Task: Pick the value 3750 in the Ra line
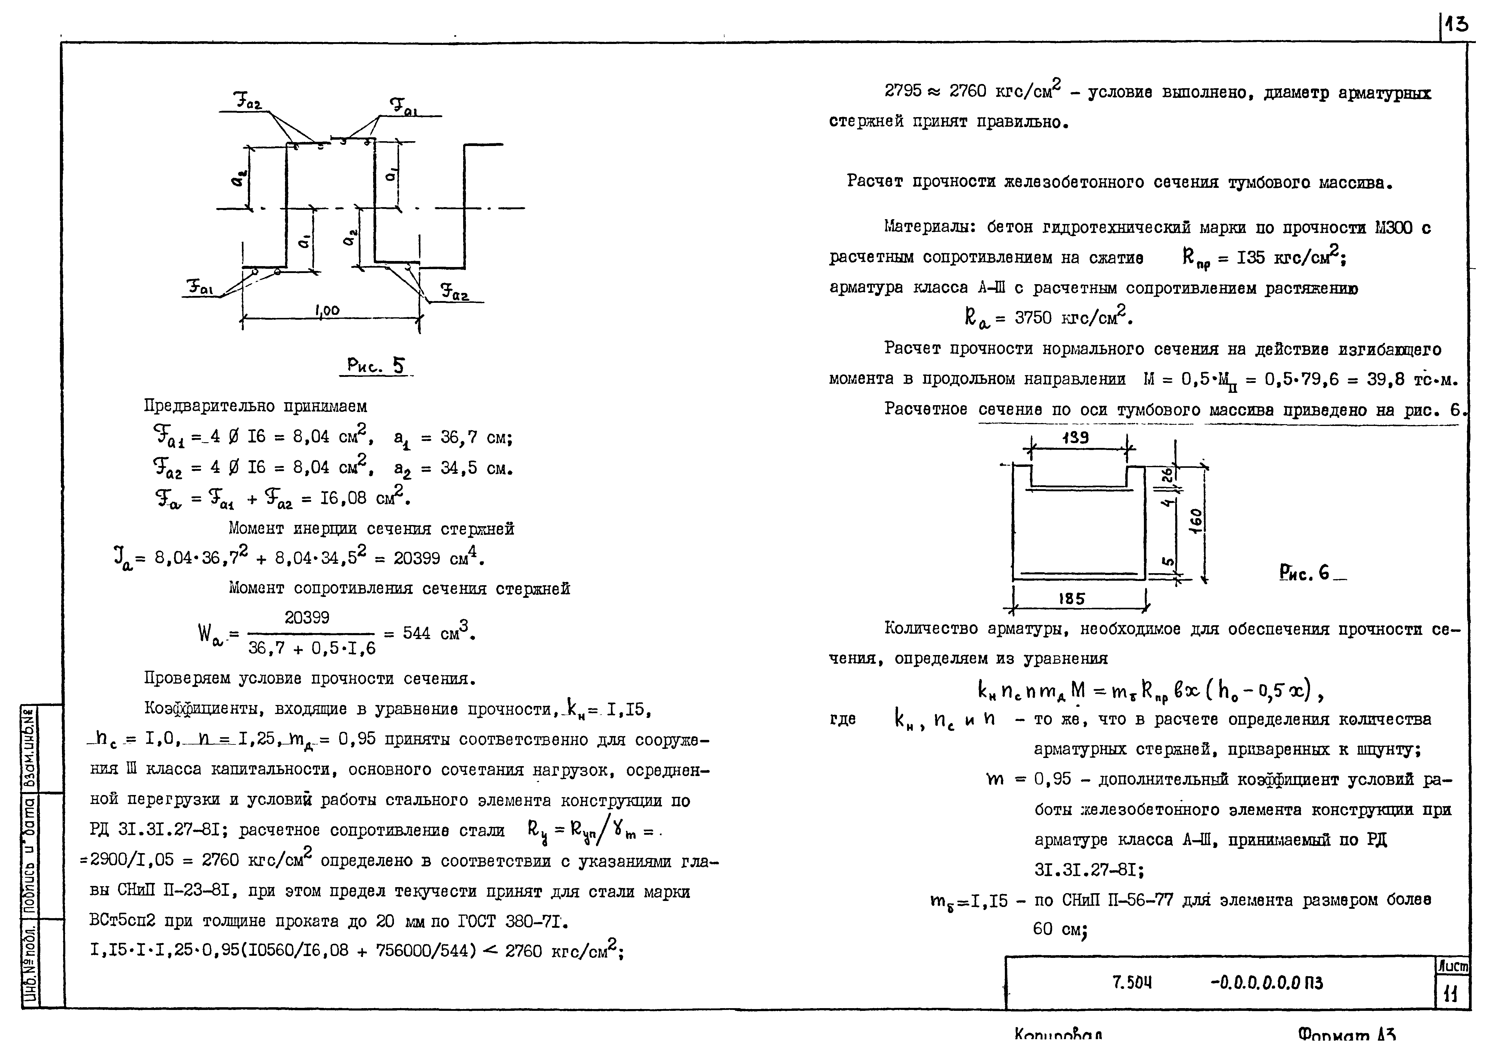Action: point(1033,318)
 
